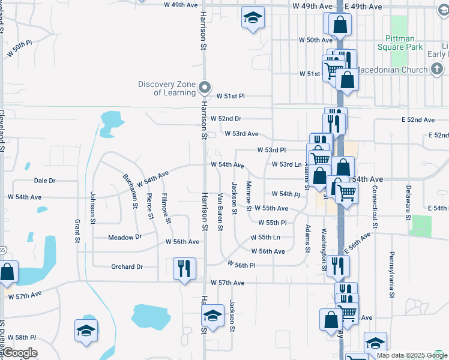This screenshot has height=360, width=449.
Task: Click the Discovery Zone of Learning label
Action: pos(167,88)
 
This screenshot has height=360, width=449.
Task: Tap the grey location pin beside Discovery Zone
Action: pos(205,88)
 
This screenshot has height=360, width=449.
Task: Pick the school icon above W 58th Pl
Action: pos(86,331)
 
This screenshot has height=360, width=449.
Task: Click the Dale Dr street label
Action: pos(44,180)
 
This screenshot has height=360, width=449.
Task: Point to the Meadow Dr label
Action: pos(124,238)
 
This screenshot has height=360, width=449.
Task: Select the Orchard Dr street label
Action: pos(127,267)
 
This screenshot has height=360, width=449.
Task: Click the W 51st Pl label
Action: pos(231,96)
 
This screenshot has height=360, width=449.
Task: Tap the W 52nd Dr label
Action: pos(229,119)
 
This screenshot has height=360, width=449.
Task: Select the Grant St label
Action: pos(77,231)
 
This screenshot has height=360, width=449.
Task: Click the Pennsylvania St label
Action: pos(392,275)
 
